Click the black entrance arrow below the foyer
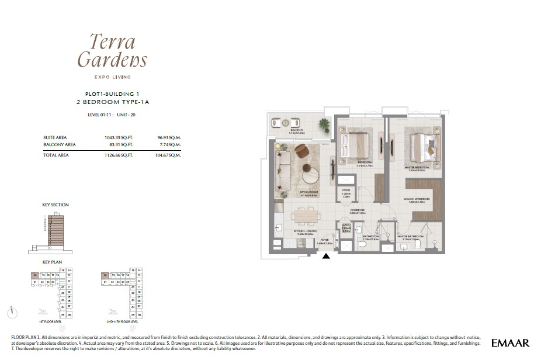[326, 255]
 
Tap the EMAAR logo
[510, 342]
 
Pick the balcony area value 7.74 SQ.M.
[169, 144]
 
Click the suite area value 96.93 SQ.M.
[169, 137]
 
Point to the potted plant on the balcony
[323, 123]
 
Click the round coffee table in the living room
[310, 174]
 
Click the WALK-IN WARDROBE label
[417, 199]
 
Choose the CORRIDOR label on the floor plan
[357, 210]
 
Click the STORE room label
[346, 190]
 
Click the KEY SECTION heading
[56, 205]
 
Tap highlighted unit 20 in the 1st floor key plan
[36, 275]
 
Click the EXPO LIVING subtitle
[112, 77]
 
